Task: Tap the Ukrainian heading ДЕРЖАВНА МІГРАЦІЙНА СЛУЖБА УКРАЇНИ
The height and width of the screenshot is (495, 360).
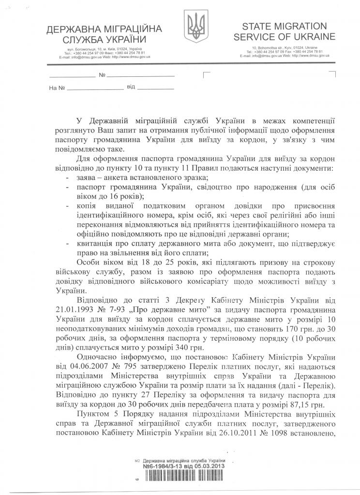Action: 97,33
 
